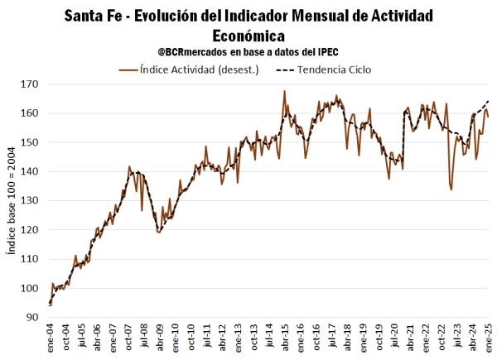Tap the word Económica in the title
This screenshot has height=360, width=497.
(248, 36)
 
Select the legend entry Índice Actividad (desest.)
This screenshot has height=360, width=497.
(200, 70)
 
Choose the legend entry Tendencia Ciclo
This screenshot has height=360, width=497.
(331, 70)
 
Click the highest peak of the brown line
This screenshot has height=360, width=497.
(284, 91)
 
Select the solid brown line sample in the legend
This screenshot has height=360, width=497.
(128, 70)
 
